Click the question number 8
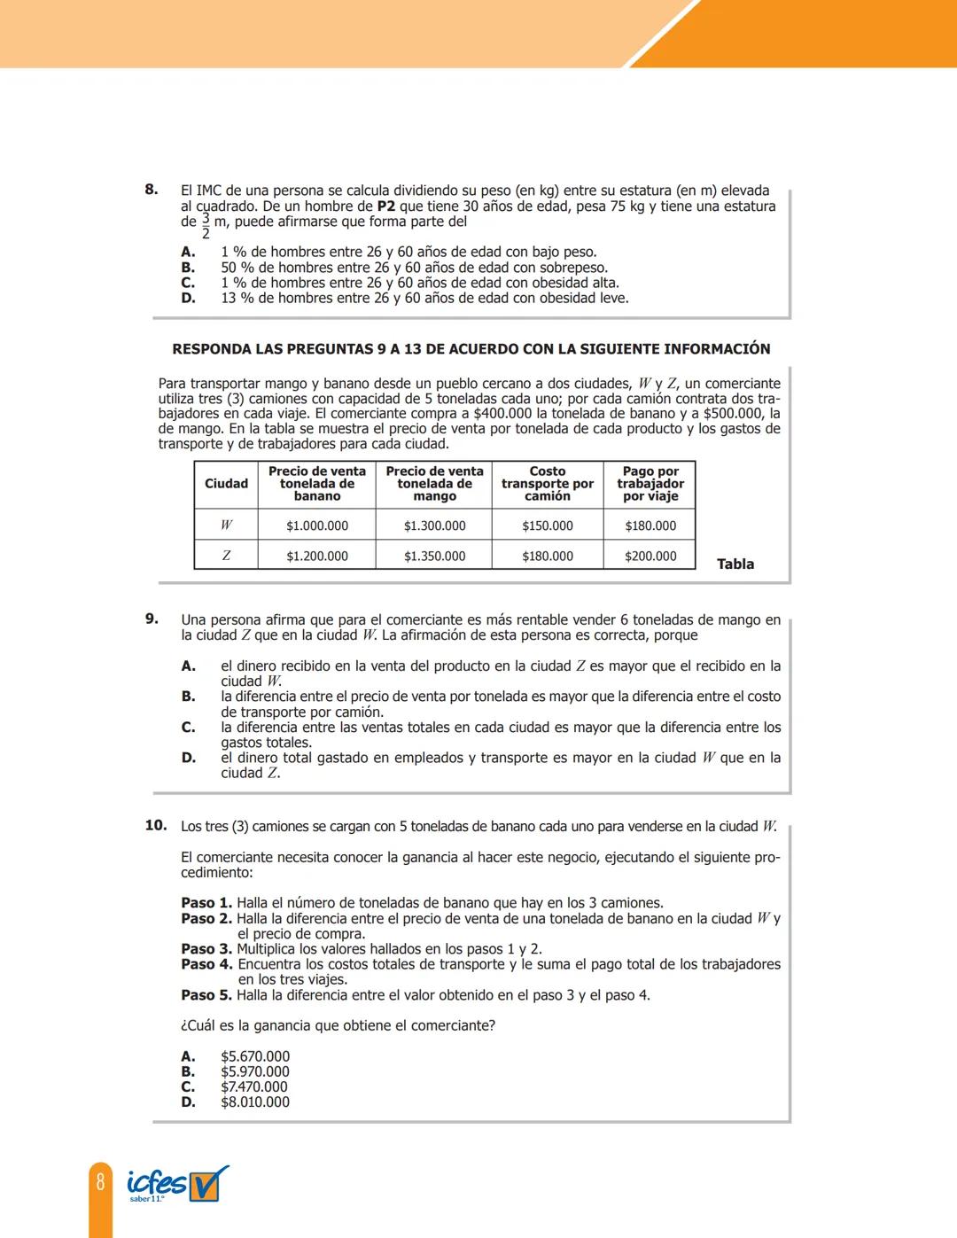tap(152, 189)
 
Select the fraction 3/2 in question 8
tap(206, 226)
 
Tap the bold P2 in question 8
tap(386, 206)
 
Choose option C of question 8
tap(188, 283)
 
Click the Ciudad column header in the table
tap(226, 484)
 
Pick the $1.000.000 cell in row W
tap(317, 526)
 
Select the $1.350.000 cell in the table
tap(434, 557)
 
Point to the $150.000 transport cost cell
tap(548, 526)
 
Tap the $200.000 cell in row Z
tap(650, 557)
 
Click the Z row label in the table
tap(226, 557)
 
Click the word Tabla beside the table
tap(735, 564)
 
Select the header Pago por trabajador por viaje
tap(650, 484)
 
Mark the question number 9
tap(152, 619)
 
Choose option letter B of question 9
tap(188, 697)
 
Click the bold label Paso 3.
tap(206, 949)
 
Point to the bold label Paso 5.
tap(206, 995)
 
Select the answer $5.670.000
tap(255, 1056)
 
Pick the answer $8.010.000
tap(255, 1102)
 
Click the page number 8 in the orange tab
tap(100, 1181)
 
